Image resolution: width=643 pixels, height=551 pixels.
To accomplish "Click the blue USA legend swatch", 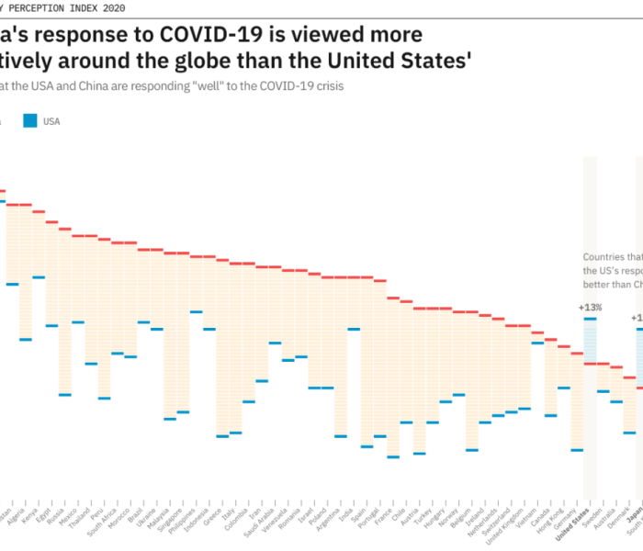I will [30, 120].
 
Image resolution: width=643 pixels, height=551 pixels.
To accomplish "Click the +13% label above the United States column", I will [590, 307].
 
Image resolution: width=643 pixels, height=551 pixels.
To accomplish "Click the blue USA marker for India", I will [354, 329].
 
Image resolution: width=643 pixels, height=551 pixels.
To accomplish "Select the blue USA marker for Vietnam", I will [537, 343].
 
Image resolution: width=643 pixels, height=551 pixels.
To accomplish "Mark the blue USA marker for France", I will [393, 456].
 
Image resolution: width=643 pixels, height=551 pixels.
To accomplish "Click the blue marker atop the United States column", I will [590, 318].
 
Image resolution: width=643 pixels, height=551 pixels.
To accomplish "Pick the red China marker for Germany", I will [577, 353].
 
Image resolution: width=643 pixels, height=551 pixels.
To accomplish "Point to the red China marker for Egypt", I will [51, 222].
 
